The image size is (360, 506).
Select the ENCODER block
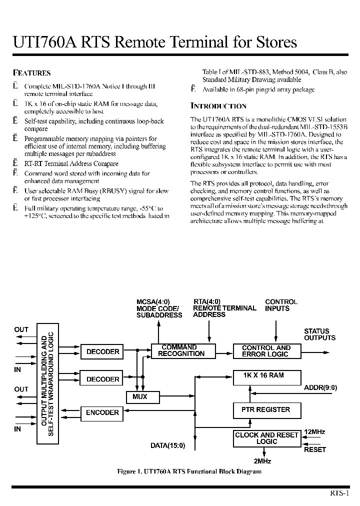(x=102, y=413)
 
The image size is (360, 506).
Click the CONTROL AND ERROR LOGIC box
(x=265, y=351)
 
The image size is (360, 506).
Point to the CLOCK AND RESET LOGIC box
(x=266, y=438)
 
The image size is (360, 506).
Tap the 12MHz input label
(x=314, y=432)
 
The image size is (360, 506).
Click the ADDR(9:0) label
(x=320, y=387)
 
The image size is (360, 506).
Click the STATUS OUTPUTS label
(x=319, y=334)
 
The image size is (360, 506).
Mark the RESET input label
(x=315, y=449)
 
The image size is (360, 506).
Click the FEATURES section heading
(x=31, y=73)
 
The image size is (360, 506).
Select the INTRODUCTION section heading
(x=218, y=106)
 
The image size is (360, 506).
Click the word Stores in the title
(x=273, y=42)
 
